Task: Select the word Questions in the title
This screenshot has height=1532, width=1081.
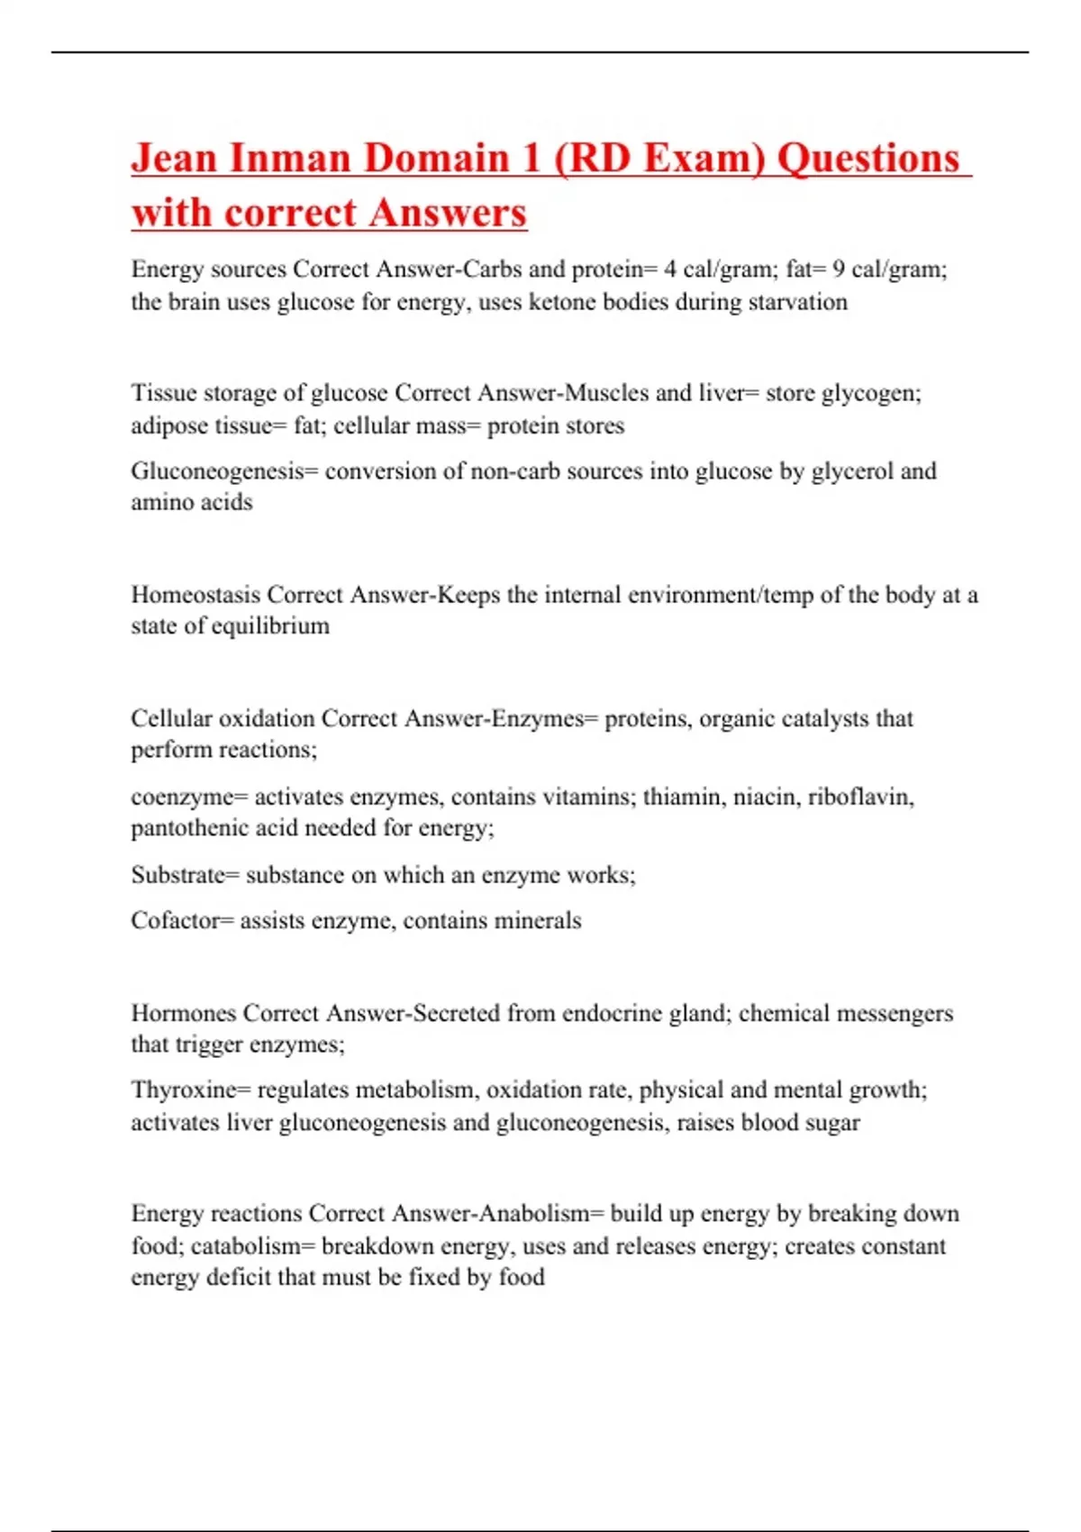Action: (x=868, y=158)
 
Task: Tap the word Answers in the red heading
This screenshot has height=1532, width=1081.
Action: (x=447, y=213)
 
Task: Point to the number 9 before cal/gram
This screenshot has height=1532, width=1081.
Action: (x=838, y=269)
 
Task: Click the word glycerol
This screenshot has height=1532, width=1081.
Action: (x=852, y=470)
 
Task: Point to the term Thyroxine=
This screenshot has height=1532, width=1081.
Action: (x=191, y=1090)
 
